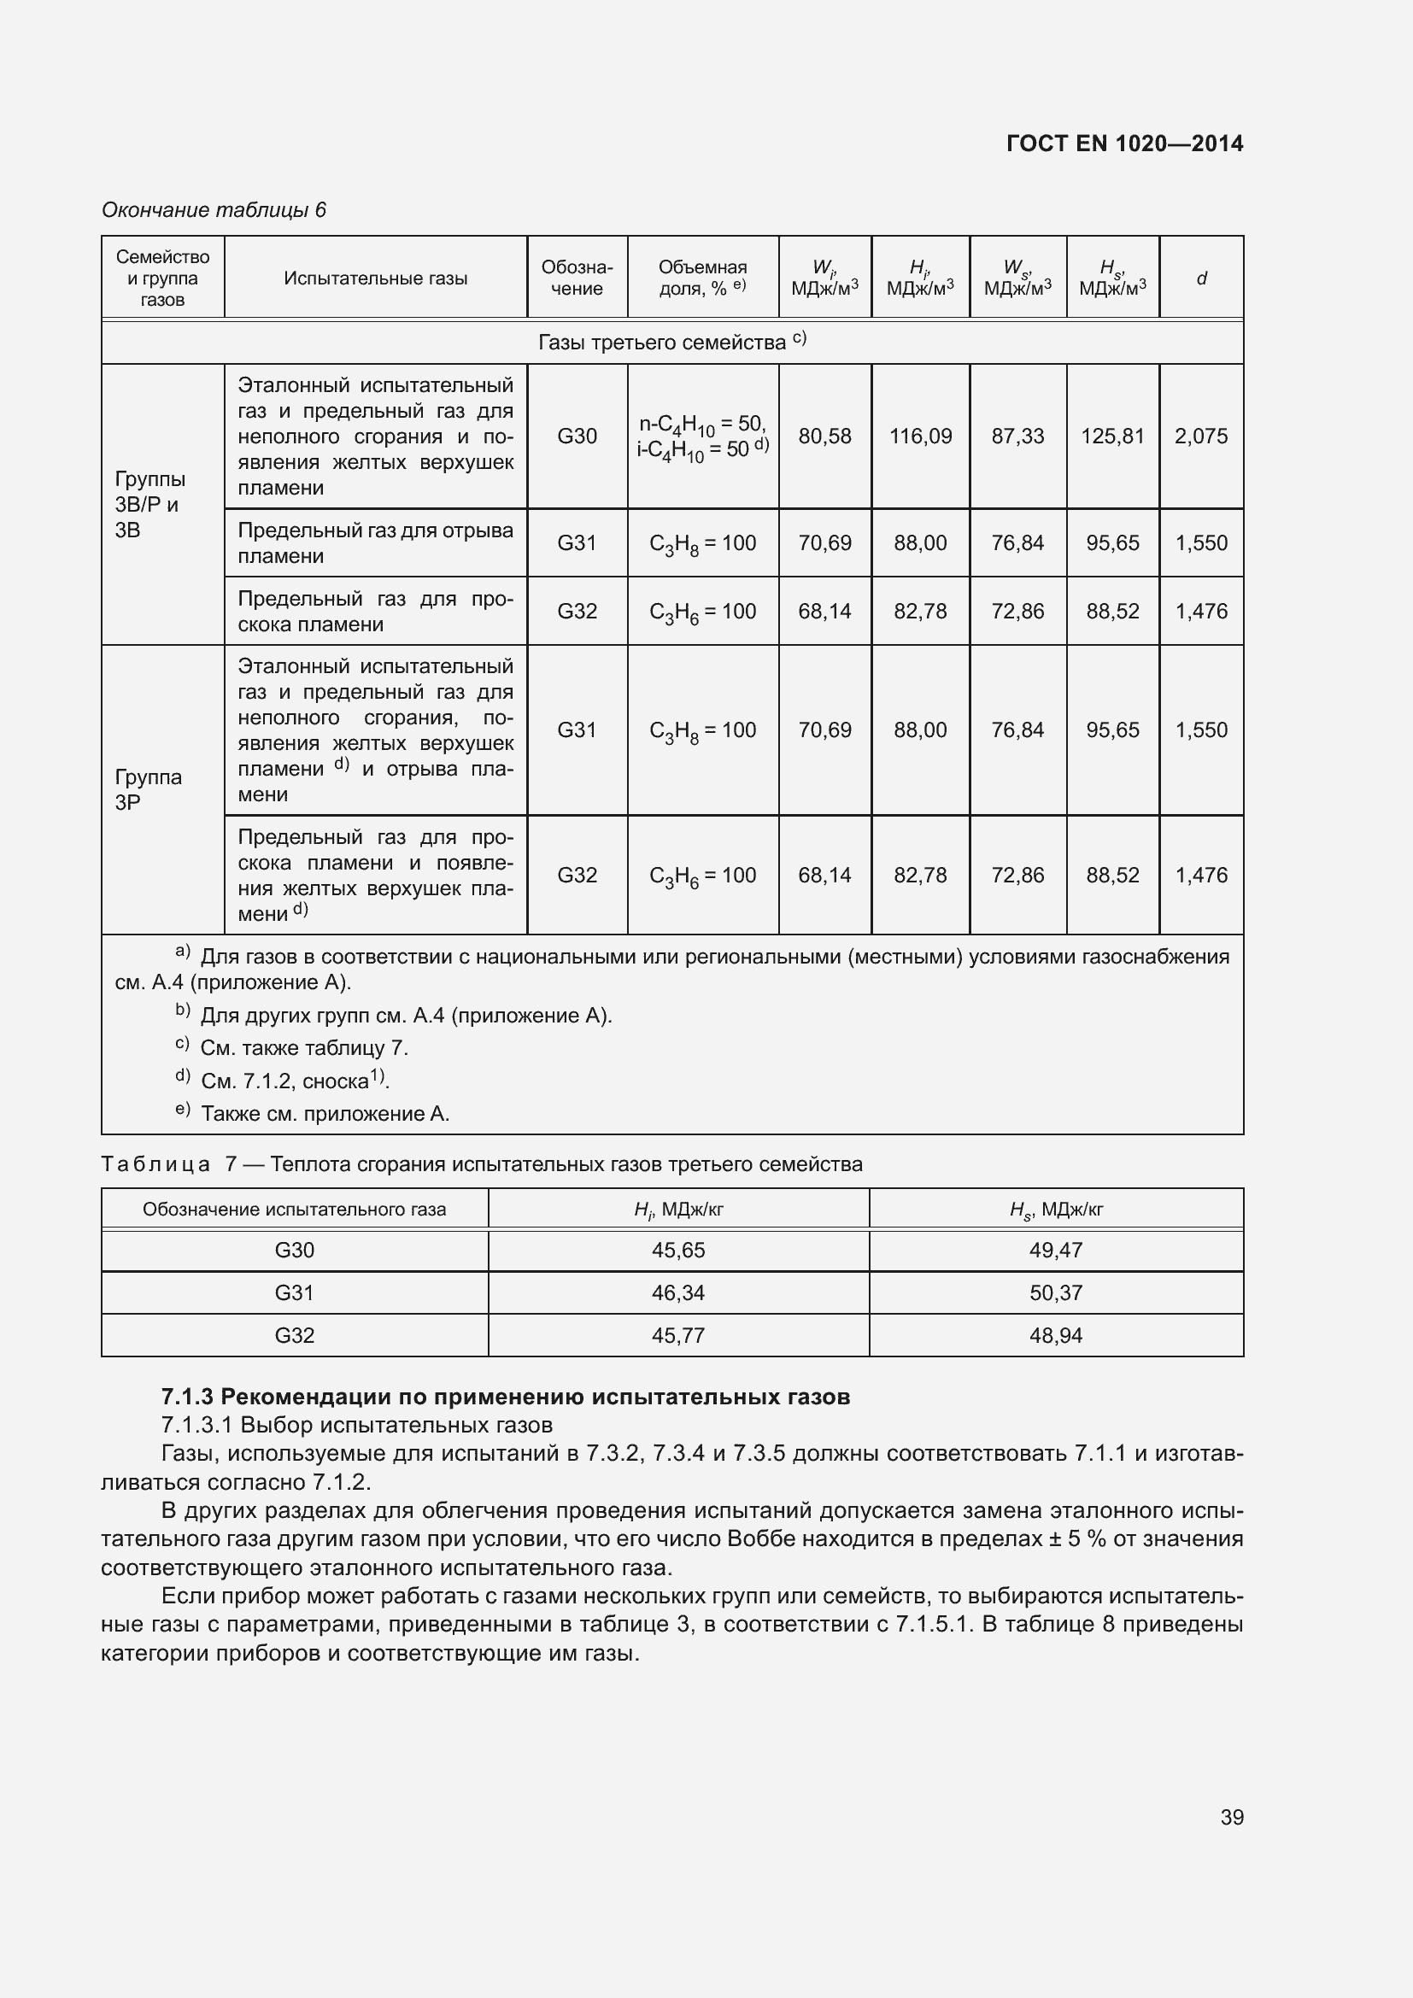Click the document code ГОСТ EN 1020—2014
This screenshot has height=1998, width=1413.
click(1124, 144)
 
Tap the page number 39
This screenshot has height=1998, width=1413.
click(1231, 1817)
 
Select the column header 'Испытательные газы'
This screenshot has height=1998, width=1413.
click(375, 278)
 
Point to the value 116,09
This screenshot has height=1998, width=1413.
click(920, 436)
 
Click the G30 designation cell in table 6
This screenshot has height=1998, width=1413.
click(577, 436)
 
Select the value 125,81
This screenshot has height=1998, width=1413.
click(1112, 436)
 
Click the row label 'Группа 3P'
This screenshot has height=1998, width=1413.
click(148, 789)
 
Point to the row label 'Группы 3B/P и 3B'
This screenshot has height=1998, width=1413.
click(150, 505)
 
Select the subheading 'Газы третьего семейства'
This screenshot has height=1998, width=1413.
click(671, 342)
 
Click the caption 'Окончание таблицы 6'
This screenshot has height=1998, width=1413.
click(214, 210)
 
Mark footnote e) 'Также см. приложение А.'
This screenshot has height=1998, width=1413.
click(325, 1114)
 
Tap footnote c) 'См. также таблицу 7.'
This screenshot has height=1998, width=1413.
click(303, 1048)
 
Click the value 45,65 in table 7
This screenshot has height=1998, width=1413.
click(677, 1251)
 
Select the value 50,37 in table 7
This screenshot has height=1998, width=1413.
click(1055, 1293)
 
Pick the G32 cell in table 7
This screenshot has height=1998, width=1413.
click(294, 1336)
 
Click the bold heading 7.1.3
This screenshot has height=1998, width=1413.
click(506, 1397)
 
